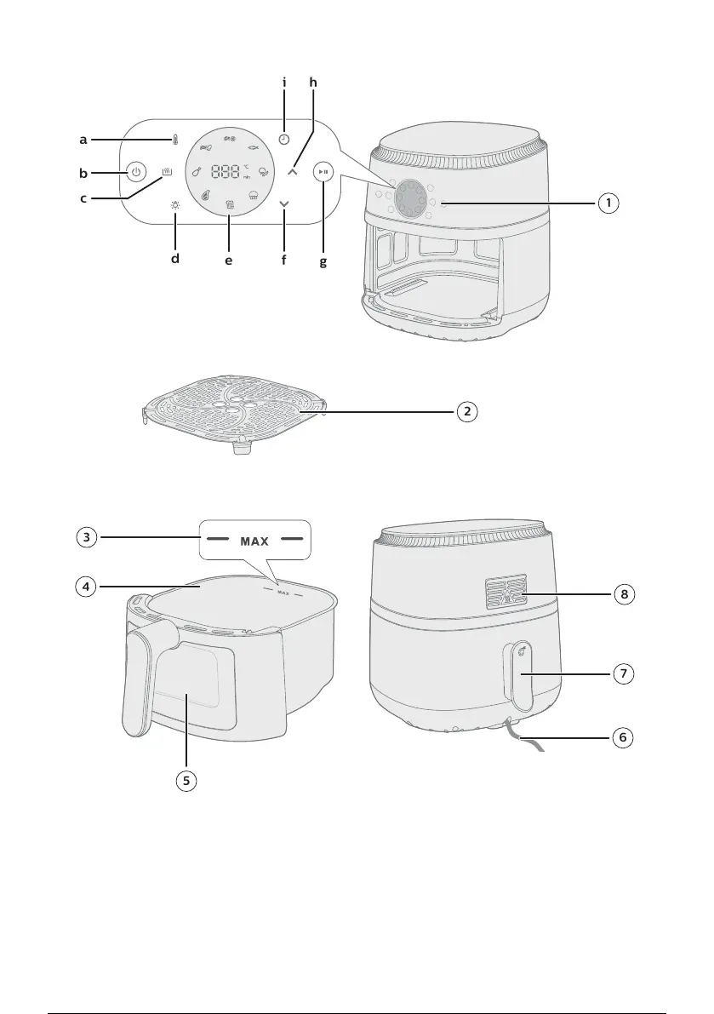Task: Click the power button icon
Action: [134, 173]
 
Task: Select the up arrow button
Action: [293, 171]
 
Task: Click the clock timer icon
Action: [283, 139]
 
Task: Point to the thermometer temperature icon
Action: [174, 139]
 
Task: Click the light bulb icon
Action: [174, 205]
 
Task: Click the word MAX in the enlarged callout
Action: [254, 541]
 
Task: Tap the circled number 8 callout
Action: [625, 594]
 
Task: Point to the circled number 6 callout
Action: [625, 737]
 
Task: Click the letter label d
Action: [174, 258]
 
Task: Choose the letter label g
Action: [323, 261]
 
